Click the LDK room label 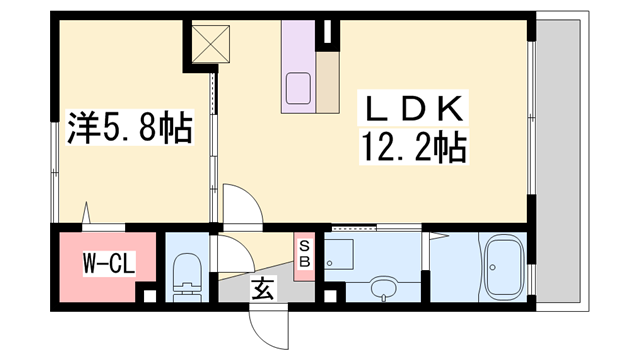[x=412, y=108]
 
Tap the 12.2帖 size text [x=414, y=147]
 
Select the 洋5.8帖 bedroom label [x=129, y=127]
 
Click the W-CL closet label [x=109, y=263]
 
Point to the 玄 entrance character [x=263, y=289]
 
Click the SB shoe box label [x=304, y=253]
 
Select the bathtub [x=504, y=267]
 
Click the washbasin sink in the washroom [x=384, y=288]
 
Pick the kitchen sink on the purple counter [x=298, y=88]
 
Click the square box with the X [x=211, y=44]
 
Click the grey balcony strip [x=558, y=162]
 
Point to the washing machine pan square [x=339, y=254]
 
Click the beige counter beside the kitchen [x=327, y=82]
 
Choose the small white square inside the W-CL [x=150, y=296]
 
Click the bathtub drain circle [x=493, y=268]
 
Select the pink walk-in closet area [x=107, y=267]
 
